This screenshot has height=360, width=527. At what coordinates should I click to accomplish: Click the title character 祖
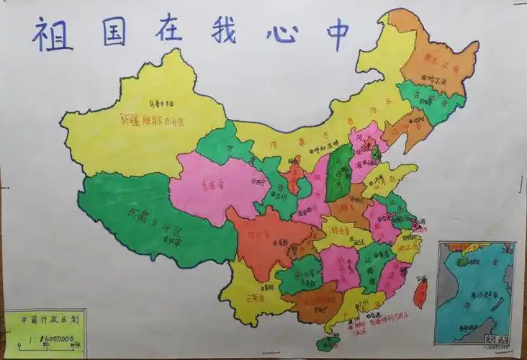[x=52, y=34]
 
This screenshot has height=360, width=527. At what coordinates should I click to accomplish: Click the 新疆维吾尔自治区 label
[x=153, y=120]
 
